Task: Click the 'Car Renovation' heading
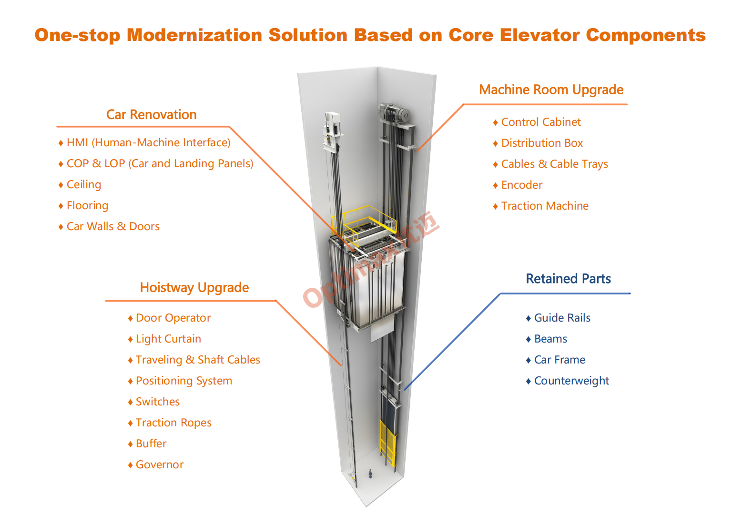[x=151, y=115]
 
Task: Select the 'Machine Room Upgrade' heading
[x=551, y=90]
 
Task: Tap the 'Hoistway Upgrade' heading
[x=194, y=288]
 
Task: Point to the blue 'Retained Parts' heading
[x=568, y=279]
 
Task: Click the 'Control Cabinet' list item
[x=540, y=122]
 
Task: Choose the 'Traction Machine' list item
[x=544, y=206]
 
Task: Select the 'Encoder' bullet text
[x=521, y=185]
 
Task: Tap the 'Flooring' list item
[x=87, y=206]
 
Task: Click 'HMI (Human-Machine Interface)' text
[x=148, y=143]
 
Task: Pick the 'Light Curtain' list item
[x=168, y=339]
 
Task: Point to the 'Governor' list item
[x=159, y=465]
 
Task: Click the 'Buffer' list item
[x=151, y=444]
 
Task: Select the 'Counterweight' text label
[x=571, y=381]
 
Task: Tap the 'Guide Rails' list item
[x=562, y=318]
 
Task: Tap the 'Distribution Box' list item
[x=541, y=143]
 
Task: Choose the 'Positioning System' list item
[x=183, y=381]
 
